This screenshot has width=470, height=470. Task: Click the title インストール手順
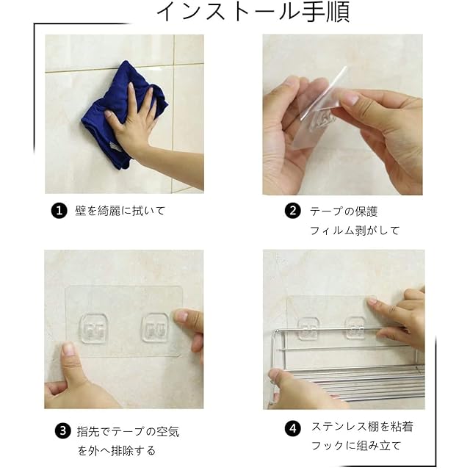pyautogui.click(x=253, y=12)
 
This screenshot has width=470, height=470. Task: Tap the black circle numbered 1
pyautogui.click(x=59, y=211)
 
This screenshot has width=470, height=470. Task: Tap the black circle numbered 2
pyautogui.click(x=292, y=211)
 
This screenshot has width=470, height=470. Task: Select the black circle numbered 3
pyautogui.click(x=62, y=431)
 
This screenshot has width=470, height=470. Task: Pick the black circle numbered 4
pyautogui.click(x=292, y=428)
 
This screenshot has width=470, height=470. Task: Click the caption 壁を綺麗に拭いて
pyautogui.click(x=120, y=211)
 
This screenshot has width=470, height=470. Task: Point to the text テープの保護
pyautogui.click(x=344, y=211)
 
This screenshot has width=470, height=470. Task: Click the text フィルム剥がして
pyautogui.click(x=355, y=231)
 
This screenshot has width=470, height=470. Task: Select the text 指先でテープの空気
pyautogui.click(x=128, y=431)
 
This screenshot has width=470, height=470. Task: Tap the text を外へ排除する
pyautogui.click(x=117, y=450)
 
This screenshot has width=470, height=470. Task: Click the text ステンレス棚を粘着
pyautogui.click(x=362, y=426)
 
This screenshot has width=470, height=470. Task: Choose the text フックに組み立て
pyautogui.click(x=355, y=446)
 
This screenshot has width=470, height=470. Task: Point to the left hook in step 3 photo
pyautogui.click(x=94, y=328)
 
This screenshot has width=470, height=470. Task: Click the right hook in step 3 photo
pyautogui.click(x=155, y=327)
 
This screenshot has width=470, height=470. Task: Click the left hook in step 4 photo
pyautogui.click(x=308, y=328)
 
